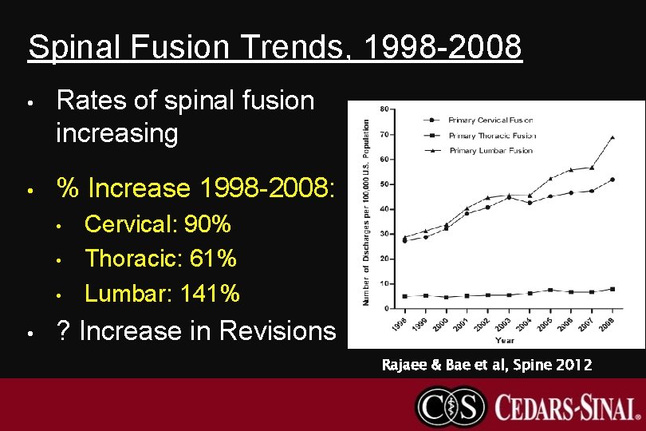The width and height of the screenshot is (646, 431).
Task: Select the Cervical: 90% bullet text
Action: point(158,224)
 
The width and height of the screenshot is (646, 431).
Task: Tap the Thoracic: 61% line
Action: point(160,259)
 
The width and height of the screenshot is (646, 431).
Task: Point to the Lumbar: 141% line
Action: point(162,294)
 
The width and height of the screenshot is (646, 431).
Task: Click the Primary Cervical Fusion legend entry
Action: point(490,121)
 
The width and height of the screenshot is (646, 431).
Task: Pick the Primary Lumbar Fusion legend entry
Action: point(490,150)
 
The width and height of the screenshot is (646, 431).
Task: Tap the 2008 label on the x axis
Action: point(609,323)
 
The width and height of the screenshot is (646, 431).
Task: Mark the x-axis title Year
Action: point(504,341)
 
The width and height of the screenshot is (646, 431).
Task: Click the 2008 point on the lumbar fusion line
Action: point(613,137)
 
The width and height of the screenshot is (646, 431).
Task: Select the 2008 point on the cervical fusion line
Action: point(613,180)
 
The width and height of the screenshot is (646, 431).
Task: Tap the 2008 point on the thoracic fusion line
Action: point(613,289)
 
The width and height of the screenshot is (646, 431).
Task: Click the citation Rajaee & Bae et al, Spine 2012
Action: point(486,366)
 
